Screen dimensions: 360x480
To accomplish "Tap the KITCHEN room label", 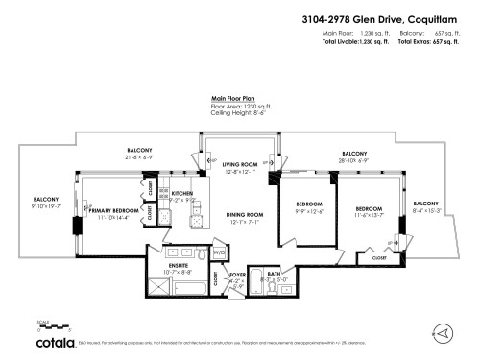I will coord(182,193).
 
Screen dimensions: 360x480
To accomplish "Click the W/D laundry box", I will coord(219,252).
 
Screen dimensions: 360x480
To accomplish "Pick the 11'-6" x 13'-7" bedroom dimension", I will coord(369,214).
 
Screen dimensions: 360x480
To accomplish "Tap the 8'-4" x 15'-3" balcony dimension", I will coord(425,210).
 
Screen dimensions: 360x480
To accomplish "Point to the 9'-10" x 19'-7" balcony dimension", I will coord(46,204).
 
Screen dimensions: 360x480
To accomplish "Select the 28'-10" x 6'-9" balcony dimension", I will coord(353,159).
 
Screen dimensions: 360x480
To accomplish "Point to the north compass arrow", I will coord(443,332).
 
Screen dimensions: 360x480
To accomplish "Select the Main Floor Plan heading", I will coord(232,98).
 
